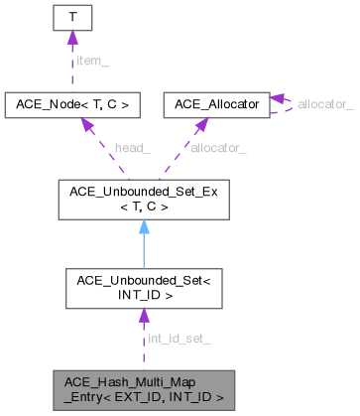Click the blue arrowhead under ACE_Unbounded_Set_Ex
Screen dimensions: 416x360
144,227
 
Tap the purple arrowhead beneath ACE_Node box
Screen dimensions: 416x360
85,122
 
